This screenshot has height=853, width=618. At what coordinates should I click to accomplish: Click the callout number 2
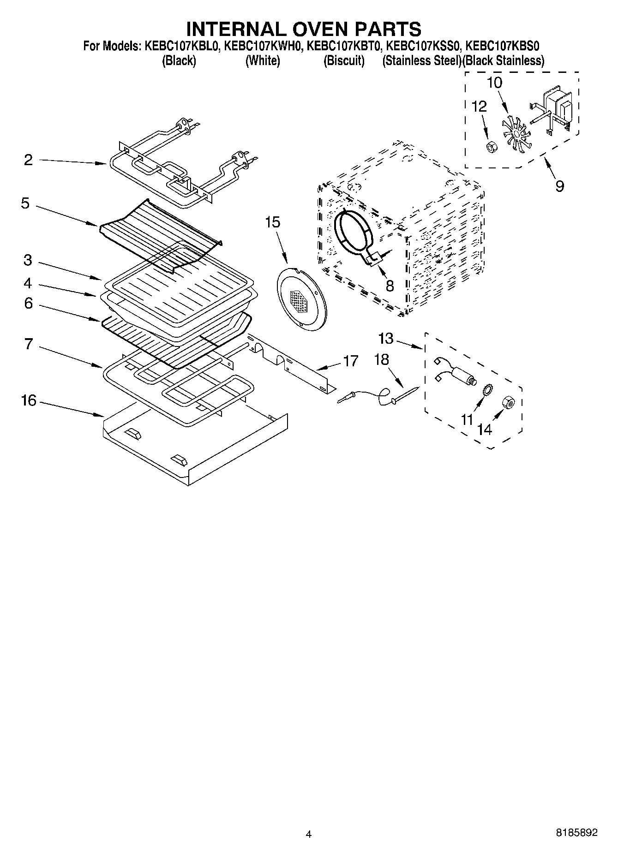click(29, 160)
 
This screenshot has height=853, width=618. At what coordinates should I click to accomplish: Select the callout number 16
click(29, 400)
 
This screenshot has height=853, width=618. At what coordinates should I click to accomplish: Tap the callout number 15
click(272, 222)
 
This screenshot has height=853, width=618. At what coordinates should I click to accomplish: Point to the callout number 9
click(559, 186)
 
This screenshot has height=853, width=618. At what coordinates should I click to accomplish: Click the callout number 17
click(350, 361)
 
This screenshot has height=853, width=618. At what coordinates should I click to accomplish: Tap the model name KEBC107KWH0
click(263, 46)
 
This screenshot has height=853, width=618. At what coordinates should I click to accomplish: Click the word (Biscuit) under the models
click(344, 60)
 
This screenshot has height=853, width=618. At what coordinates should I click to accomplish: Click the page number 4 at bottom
click(309, 834)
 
